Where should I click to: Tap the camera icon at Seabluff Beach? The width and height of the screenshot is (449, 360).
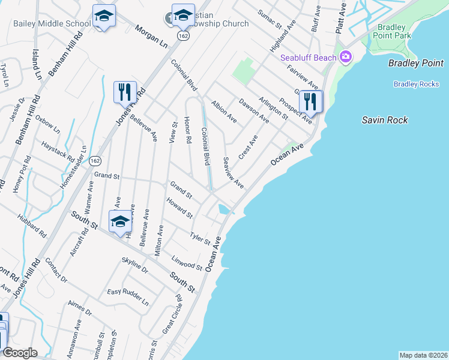345,58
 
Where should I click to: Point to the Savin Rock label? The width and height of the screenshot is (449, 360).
385,120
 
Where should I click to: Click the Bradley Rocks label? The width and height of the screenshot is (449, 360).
416,84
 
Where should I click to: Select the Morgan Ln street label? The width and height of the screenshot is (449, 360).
151,37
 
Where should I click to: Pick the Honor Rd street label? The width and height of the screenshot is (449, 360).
187,130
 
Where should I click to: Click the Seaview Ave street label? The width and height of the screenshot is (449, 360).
233,172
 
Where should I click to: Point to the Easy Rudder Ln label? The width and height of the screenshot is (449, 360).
128,297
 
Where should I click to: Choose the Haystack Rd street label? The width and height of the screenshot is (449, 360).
58,152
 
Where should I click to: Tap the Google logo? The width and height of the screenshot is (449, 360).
20,353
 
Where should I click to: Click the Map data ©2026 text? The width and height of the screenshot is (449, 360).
423,355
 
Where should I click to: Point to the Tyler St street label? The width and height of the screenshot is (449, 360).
200,238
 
